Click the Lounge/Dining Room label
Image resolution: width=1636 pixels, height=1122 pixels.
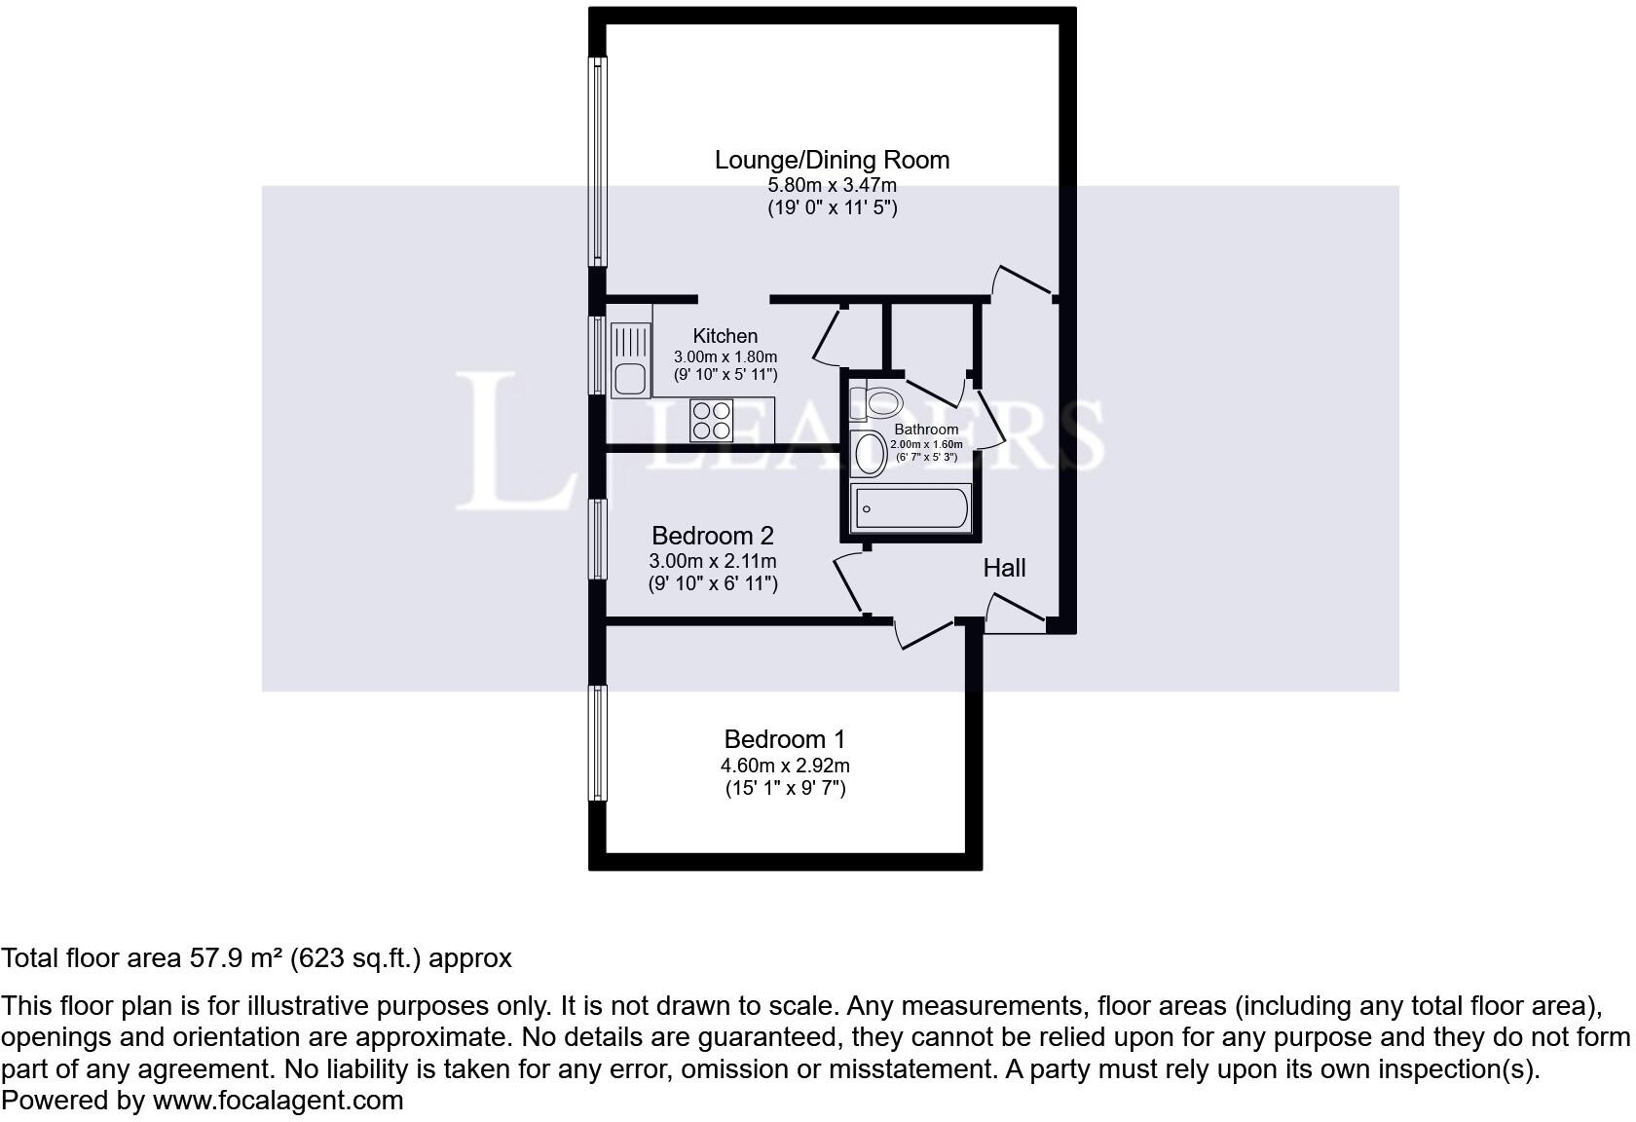point(832,160)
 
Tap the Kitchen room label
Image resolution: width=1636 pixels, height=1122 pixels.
point(725,336)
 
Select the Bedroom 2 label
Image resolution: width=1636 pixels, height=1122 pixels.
point(712,536)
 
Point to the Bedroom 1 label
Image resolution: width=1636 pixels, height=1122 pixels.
point(785,739)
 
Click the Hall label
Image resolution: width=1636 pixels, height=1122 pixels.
point(1004,568)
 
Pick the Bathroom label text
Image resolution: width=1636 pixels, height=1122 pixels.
point(926,430)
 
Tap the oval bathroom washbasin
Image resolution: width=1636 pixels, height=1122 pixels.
point(869,453)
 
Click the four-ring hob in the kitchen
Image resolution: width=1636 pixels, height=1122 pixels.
point(711,420)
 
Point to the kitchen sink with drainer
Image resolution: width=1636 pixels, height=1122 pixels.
point(630,360)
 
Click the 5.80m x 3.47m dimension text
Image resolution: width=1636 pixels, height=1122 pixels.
point(832,185)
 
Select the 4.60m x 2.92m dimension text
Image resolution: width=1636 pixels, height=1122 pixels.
point(785,766)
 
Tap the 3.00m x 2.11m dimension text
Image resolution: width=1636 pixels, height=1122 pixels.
point(712,561)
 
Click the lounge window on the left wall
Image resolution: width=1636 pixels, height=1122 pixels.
point(598,161)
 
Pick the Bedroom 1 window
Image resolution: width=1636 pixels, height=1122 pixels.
point(598,742)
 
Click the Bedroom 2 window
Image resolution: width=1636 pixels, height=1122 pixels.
point(598,539)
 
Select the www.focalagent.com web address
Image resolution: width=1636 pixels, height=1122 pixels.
point(278,1101)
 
